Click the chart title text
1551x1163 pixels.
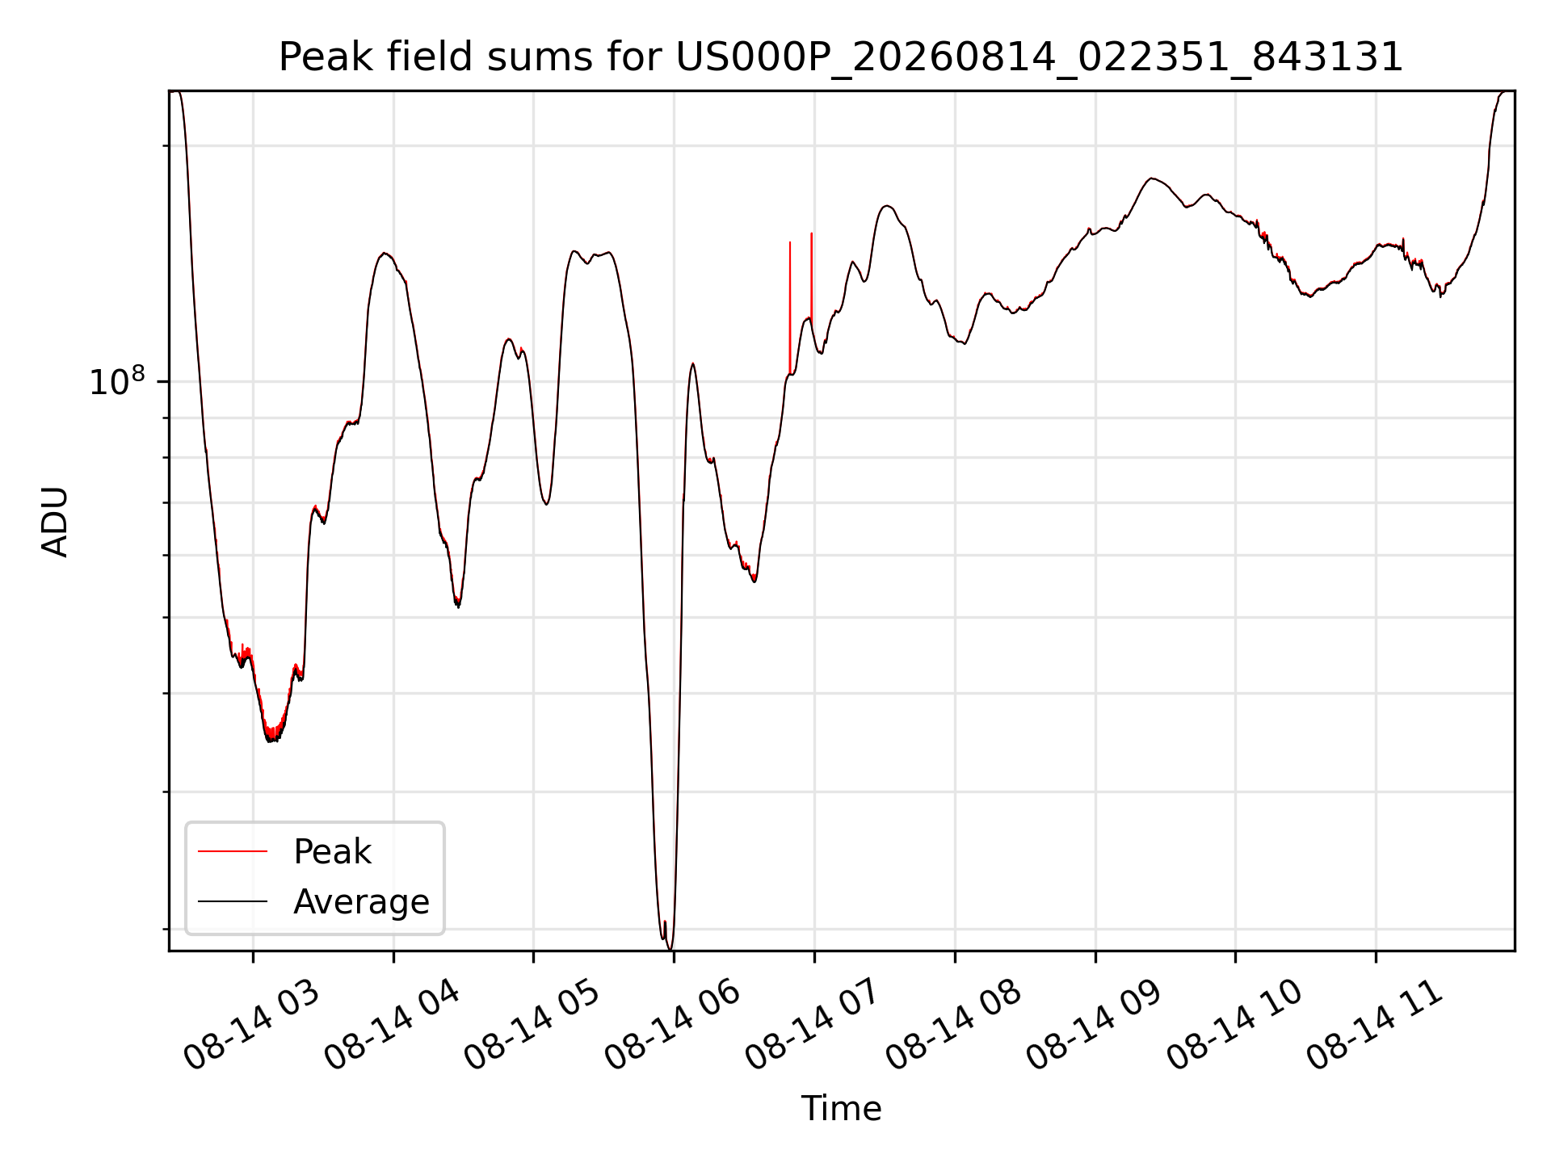click(841, 57)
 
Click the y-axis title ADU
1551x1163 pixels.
click(55, 522)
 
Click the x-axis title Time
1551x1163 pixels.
click(841, 1108)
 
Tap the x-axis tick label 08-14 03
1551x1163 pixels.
click(252, 1026)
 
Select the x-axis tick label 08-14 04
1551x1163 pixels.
click(393, 1026)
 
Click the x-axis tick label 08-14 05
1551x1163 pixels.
click(532, 1026)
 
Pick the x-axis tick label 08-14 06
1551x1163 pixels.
click(673, 1026)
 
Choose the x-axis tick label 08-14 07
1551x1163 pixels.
click(813, 1026)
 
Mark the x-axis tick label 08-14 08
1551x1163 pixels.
click(954, 1026)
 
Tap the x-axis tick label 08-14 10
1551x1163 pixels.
click(1234, 1026)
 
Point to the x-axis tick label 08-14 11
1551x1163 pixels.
click(1375, 1026)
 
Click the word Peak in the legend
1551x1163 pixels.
click(332, 852)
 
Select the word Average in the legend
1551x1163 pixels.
click(361, 902)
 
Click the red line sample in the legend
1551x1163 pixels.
click(233, 851)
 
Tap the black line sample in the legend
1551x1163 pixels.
click(233, 901)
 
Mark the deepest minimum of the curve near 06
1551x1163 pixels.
click(670, 948)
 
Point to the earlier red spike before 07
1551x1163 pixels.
click(790, 307)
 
